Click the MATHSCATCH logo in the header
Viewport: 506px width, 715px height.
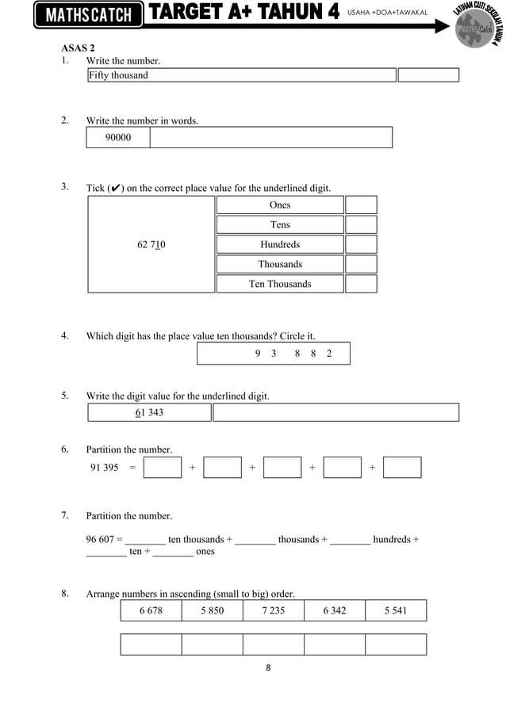88,15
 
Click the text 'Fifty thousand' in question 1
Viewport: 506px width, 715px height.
118,75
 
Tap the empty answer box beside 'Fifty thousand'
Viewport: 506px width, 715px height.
428,75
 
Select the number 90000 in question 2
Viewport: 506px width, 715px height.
118,138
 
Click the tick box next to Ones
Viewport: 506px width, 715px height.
361,205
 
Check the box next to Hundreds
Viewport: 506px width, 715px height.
361,245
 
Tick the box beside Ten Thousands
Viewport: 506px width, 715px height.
361,284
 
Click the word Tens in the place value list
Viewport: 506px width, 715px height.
280,225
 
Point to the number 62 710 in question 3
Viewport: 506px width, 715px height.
151,245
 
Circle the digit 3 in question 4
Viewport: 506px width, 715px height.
274,354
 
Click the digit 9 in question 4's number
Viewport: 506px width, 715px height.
258,354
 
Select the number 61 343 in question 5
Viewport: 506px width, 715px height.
150,413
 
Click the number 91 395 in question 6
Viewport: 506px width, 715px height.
105,468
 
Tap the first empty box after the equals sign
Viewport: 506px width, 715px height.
163,468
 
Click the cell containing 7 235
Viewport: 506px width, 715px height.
274,610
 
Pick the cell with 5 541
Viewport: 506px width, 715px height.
396,610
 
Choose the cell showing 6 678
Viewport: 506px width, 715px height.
151,610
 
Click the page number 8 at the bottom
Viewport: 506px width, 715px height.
268,667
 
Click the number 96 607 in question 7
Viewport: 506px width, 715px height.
101,540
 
